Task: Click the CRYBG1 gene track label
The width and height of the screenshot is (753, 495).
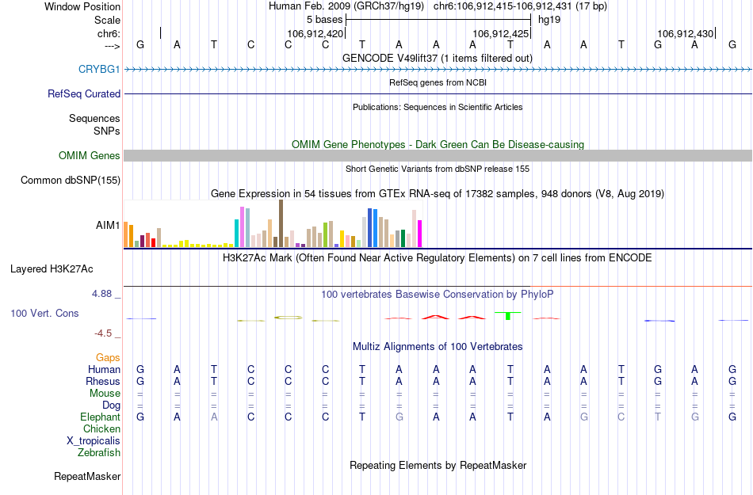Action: (99, 70)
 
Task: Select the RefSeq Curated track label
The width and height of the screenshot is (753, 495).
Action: (84, 94)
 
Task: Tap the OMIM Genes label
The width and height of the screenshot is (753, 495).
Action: (90, 156)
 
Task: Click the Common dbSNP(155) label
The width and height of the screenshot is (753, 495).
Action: (71, 181)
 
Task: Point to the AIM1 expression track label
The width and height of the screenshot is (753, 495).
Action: (108, 226)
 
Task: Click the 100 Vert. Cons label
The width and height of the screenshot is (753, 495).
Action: (44, 314)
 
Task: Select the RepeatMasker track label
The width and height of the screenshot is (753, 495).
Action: (87, 477)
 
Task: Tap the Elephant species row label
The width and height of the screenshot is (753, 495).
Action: (100, 417)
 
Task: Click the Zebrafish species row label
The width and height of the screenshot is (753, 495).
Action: (99, 453)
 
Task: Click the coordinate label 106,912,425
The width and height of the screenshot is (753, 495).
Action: (500, 34)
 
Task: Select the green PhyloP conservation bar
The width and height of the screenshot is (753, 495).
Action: (507, 315)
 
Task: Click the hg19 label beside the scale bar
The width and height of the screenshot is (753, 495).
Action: (549, 19)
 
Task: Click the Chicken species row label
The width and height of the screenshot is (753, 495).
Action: (101, 429)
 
